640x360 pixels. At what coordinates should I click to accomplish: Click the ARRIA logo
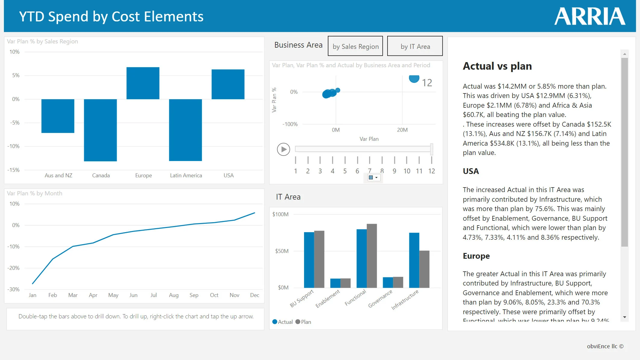[x=590, y=16]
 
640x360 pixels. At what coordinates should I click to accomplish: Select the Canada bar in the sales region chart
[x=100, y=130]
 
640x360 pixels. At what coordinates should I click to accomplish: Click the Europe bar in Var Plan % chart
[x=143, y=83]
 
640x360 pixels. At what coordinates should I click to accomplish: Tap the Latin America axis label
[x=186, y=175]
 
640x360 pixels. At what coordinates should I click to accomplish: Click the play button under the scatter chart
[x=283, y=149]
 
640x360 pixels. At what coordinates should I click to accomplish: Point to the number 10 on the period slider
[x=407, y=171]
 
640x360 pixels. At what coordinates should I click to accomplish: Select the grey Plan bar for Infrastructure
[x=424, y=269]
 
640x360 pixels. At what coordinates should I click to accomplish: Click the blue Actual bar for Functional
[x=361, y=258]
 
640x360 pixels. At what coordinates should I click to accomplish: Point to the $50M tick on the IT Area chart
[x=281, y=251]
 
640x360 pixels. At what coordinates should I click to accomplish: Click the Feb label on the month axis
[x=52, y=295]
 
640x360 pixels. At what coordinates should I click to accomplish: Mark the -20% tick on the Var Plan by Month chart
[x=14, y=268]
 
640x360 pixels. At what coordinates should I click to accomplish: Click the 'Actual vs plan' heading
[x=497, y=66]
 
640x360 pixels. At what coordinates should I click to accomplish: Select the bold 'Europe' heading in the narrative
[x=476, y=256]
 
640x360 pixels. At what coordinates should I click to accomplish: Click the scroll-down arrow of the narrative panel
[x=624, y=317]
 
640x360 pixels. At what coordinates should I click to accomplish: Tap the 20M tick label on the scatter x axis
[x=402, y=130]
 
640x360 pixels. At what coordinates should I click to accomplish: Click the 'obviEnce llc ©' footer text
[x=605, y=346]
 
